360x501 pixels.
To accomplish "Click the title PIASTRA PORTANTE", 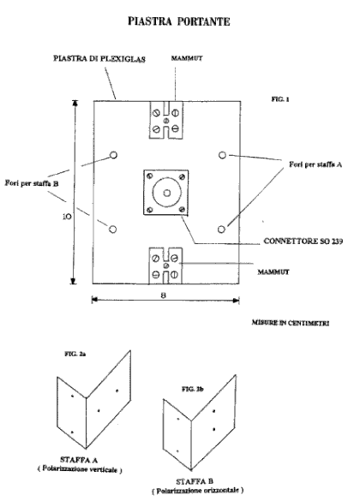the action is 179,21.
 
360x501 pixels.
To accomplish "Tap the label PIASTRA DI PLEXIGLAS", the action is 99,59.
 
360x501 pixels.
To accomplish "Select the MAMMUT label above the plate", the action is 187,58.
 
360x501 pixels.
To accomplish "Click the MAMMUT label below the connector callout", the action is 273,271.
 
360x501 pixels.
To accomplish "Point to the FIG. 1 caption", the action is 280,99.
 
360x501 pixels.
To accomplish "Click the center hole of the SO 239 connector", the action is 166,193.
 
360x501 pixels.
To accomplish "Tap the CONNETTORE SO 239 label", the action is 303,241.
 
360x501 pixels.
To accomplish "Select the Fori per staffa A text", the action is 315,164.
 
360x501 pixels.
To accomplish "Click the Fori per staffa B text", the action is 32,183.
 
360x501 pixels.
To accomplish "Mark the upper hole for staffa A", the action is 222,155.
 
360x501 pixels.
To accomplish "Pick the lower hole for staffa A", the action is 221,230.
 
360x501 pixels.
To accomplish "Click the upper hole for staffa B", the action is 113,155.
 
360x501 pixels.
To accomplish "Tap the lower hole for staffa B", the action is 112,230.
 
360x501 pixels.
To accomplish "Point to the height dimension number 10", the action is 67,217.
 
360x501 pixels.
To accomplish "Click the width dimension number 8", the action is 164,295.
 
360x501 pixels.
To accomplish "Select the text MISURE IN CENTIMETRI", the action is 291,323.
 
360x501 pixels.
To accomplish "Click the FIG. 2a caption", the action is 75,354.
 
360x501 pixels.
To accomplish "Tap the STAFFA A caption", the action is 79,460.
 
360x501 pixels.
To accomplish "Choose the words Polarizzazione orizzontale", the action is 198,490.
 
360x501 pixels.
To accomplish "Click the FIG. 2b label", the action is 193,389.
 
